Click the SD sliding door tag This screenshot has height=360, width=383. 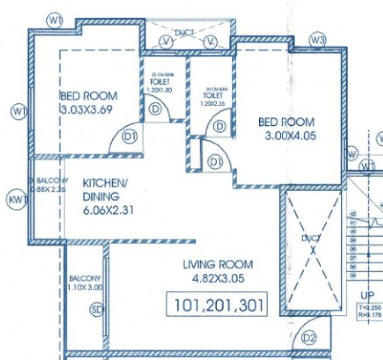point(97,310)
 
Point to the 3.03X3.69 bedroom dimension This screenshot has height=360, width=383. point(87,110)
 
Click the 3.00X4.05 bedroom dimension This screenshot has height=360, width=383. point(291,136)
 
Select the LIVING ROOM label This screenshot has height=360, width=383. point(218,264)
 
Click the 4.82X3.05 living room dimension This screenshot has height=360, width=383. point(218,278)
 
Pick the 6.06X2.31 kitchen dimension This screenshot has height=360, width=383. point(108,211)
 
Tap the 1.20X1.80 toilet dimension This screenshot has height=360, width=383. point(160,90)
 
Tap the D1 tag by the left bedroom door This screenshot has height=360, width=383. point(127,136)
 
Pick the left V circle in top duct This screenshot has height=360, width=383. point(165,41)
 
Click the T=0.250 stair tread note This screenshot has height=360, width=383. point(369,308)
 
